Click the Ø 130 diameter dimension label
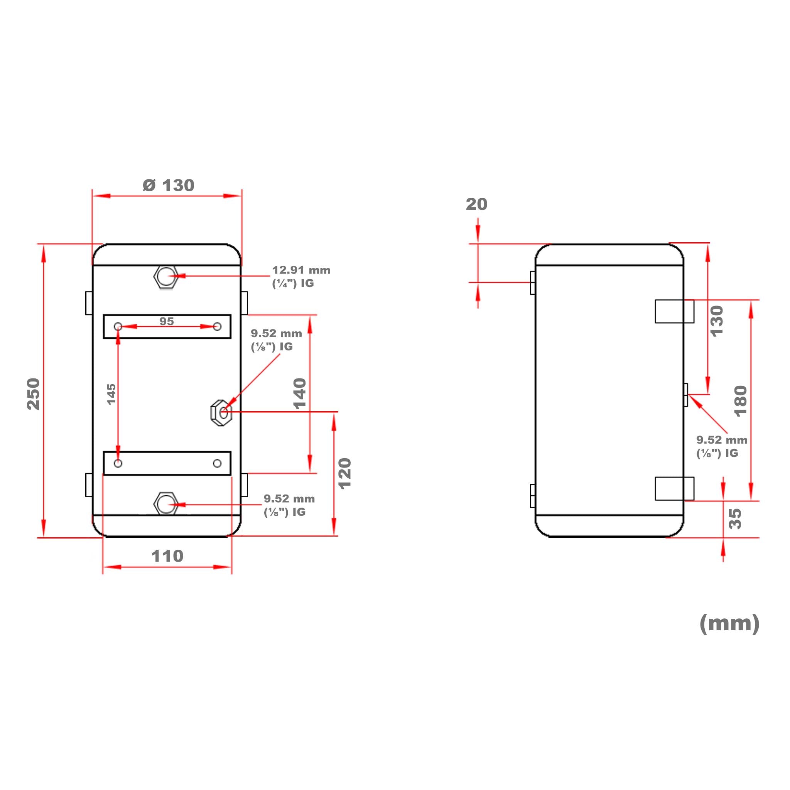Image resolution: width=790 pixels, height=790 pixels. tap(169, 185)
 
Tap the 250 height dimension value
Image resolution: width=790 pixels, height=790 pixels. tap(34, 394)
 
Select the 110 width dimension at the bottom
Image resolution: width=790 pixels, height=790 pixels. tap(167, 556)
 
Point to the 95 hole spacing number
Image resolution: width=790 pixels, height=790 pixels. tap(166, 321)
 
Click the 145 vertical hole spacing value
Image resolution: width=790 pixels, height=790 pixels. tap(111, 394)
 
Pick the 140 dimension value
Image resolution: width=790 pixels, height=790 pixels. tap(300, 394)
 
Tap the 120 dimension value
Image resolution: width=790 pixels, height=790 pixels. tap(345, 474)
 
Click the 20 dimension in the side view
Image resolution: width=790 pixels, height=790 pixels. tap(477, 204)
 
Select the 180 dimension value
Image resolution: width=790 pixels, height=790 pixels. tap(741, 401)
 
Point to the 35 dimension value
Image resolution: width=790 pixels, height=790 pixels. tap(735, 519)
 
